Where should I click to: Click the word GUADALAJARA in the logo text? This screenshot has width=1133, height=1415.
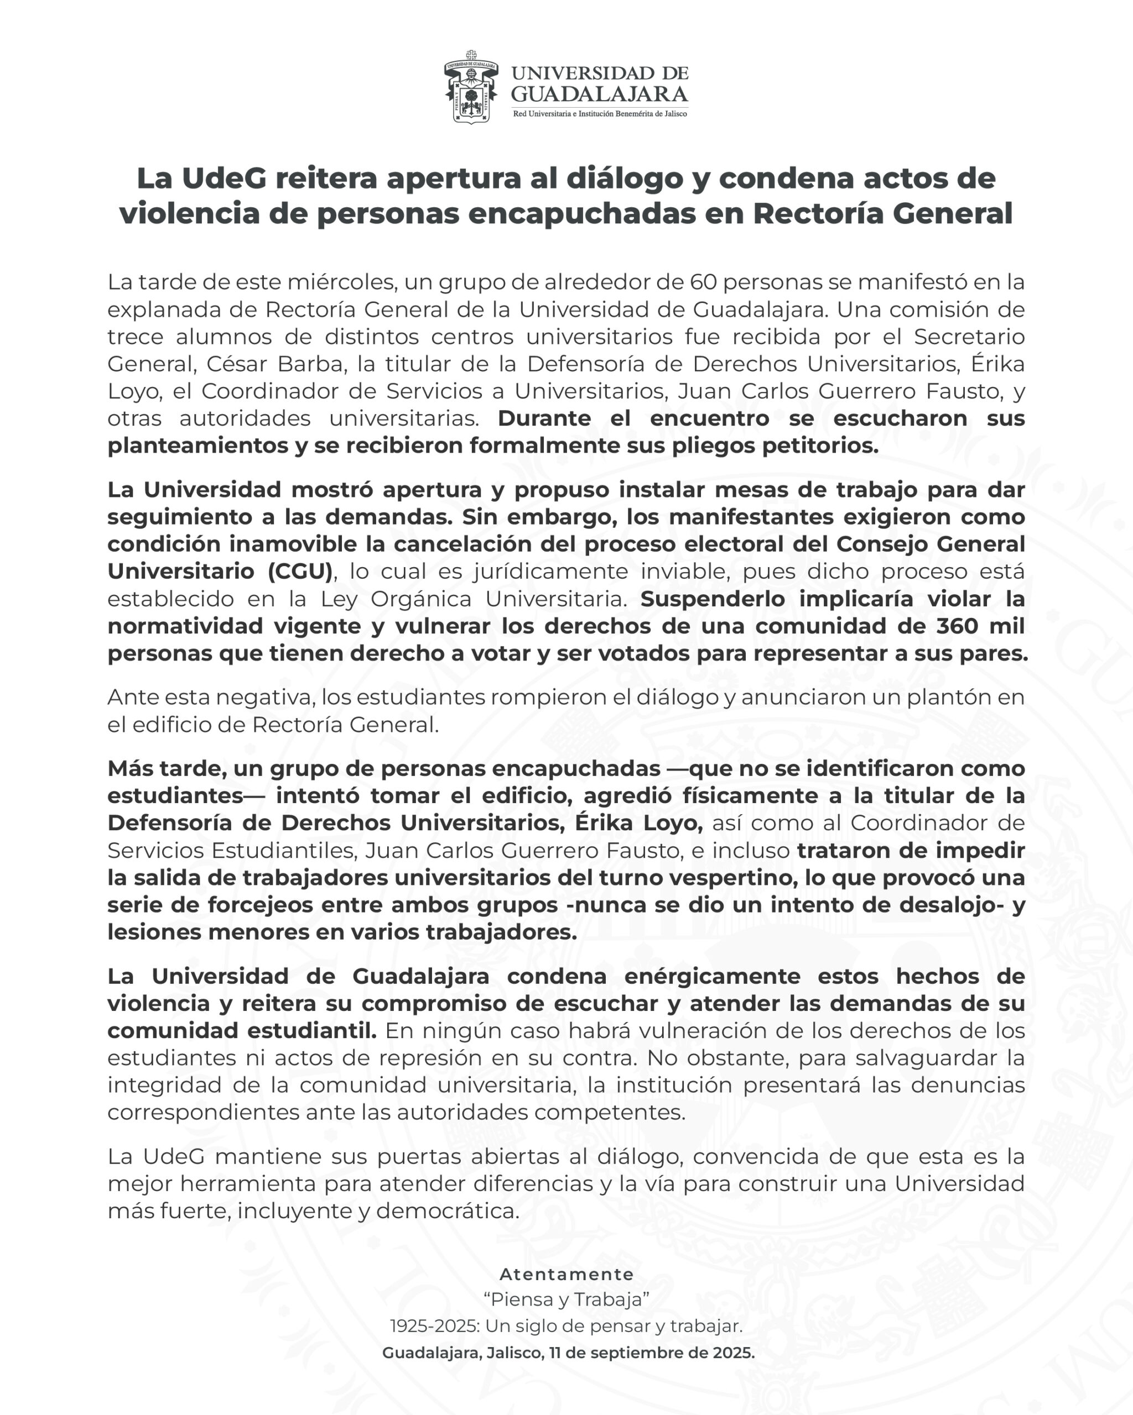tap(599, 95)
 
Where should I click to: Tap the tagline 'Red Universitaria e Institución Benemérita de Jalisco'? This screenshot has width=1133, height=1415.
tap(600, 114)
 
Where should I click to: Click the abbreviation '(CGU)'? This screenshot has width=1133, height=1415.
tap(301, 571)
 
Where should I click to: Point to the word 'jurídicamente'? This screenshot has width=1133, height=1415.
tap(550, 571)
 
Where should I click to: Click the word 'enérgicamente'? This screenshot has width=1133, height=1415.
tap(712, 976)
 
